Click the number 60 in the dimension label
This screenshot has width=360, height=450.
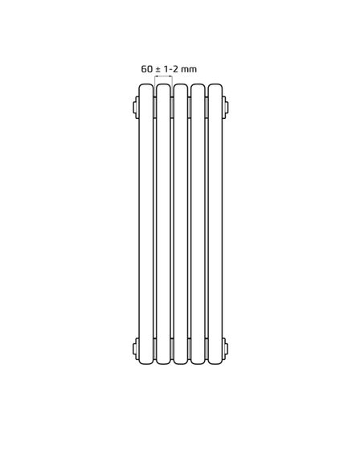[146, 69]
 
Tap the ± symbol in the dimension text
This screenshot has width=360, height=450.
[157, 69]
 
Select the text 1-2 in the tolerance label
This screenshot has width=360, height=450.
[171, 69]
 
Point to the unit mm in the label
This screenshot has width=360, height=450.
[189, 70]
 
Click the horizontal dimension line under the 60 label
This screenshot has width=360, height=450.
[163, 76]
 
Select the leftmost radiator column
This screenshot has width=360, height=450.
[146, 224]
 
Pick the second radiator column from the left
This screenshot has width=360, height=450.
[163, 224]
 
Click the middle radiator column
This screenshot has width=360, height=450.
[181, 224]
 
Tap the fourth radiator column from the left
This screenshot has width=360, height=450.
[198, 224]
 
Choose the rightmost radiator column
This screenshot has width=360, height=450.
[215, 224]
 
